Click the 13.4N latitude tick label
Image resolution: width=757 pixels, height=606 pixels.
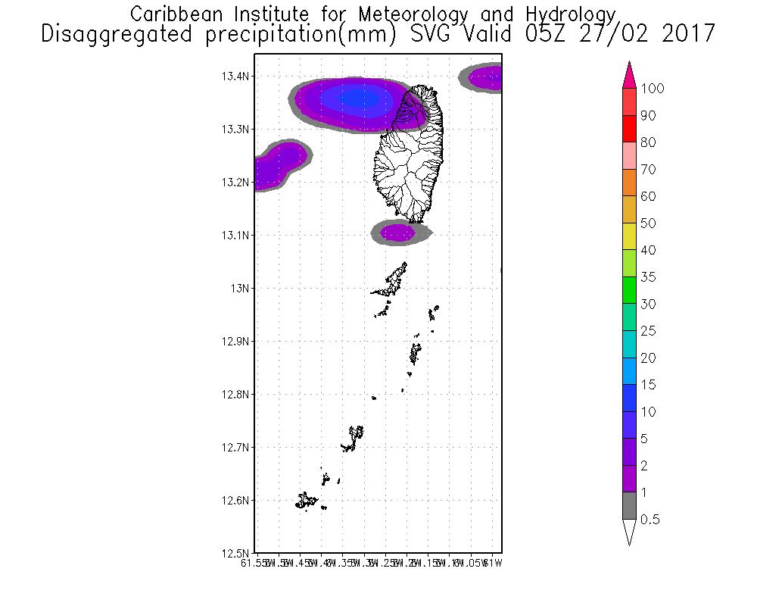pos(235,77)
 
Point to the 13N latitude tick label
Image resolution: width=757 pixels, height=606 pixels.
pos(241,289)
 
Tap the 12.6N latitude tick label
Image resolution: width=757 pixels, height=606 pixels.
pos(235,501)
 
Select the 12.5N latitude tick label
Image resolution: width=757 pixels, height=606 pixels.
pos(235,554)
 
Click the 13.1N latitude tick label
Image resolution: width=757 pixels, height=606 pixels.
pos(235,236)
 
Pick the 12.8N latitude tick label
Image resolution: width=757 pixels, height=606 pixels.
pos(235,395)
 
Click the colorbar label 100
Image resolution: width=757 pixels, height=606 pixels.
pos(652,89)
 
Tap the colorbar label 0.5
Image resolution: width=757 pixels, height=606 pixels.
pos(651,520)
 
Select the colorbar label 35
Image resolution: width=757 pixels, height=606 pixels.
pos(647,277)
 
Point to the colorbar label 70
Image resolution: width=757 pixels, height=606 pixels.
pos(647,170)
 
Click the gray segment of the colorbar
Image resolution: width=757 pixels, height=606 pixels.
pos(628,506)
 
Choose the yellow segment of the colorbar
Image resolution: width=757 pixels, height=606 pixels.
pos(628,237)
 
